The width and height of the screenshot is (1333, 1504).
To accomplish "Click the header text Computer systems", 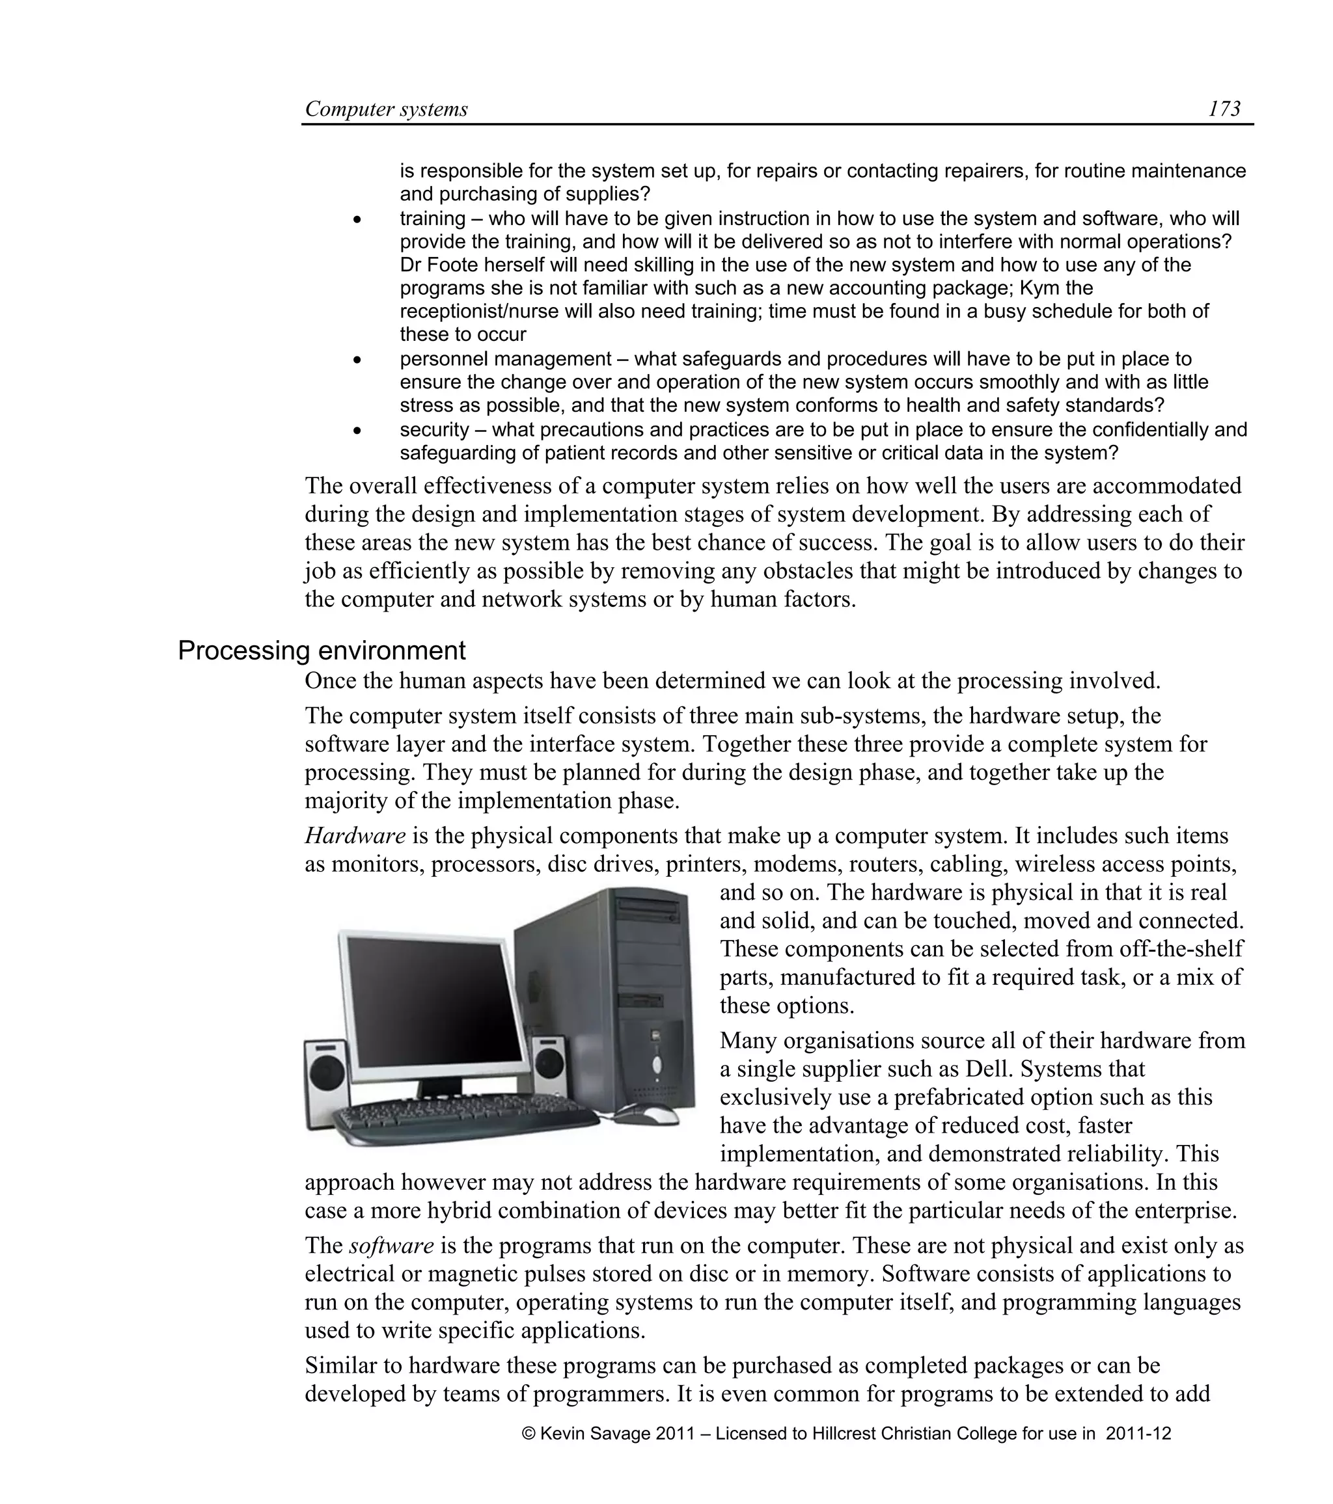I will [x=387, y=110].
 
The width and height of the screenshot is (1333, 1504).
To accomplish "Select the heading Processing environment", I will [x=322, y=651].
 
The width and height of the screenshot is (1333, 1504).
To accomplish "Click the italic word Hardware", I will [x=355, y=836].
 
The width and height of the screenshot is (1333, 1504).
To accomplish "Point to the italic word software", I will [x=391, y=1246].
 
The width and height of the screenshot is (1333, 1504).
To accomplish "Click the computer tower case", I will [x=625, y=993].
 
